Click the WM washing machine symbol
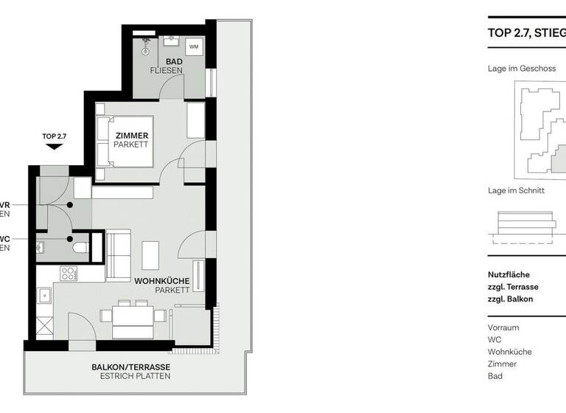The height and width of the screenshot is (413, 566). coord(194,47)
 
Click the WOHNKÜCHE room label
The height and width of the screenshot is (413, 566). coord(162,281)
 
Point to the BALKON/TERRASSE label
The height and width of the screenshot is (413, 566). coord(130,367)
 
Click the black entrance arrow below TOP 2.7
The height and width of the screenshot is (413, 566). coord(53,147)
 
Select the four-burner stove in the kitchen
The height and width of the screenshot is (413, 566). coord(69,274)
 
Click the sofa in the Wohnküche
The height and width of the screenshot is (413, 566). coord(118,255)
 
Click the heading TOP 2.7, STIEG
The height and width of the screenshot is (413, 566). coord(526,32)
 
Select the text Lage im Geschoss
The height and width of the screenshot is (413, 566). coord(521,69)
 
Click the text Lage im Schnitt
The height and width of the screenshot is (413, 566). coord(516,190)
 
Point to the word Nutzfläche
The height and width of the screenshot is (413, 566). coord(509,274)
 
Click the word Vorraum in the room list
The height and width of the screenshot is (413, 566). coord(503,327)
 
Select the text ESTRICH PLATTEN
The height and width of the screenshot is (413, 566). coord(136,376)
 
